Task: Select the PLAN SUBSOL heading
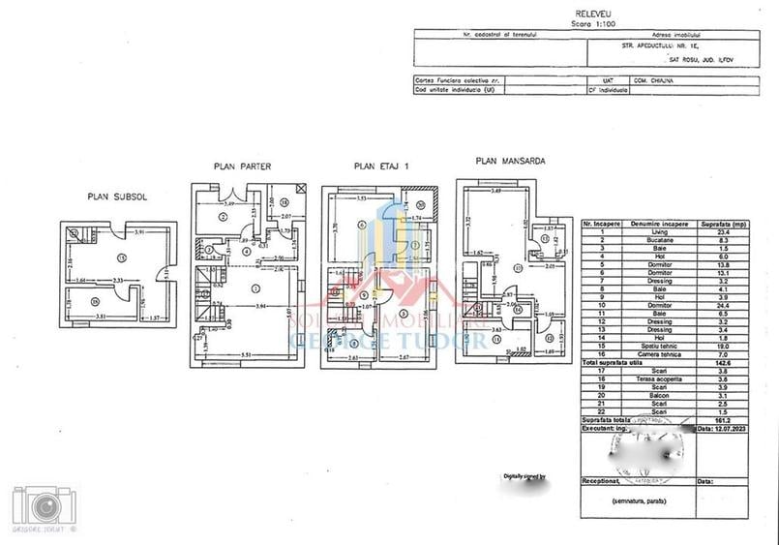pyautogui.click(x=115, y=197)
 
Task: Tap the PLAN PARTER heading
pyautogui.click(x=242, y=167)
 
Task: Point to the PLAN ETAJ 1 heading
pyautogui.click(x=381, y=167)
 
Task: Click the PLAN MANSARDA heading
pyautogui.click(x=511, y=161)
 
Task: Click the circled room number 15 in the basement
pyautogui.click(x=121, y=257)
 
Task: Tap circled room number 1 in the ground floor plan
pyautogui.click(x=255, y=288)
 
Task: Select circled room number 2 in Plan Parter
pyautogui.click(x=223, y=218)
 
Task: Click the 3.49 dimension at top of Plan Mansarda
pyautogui.click(x=495, y=192)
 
